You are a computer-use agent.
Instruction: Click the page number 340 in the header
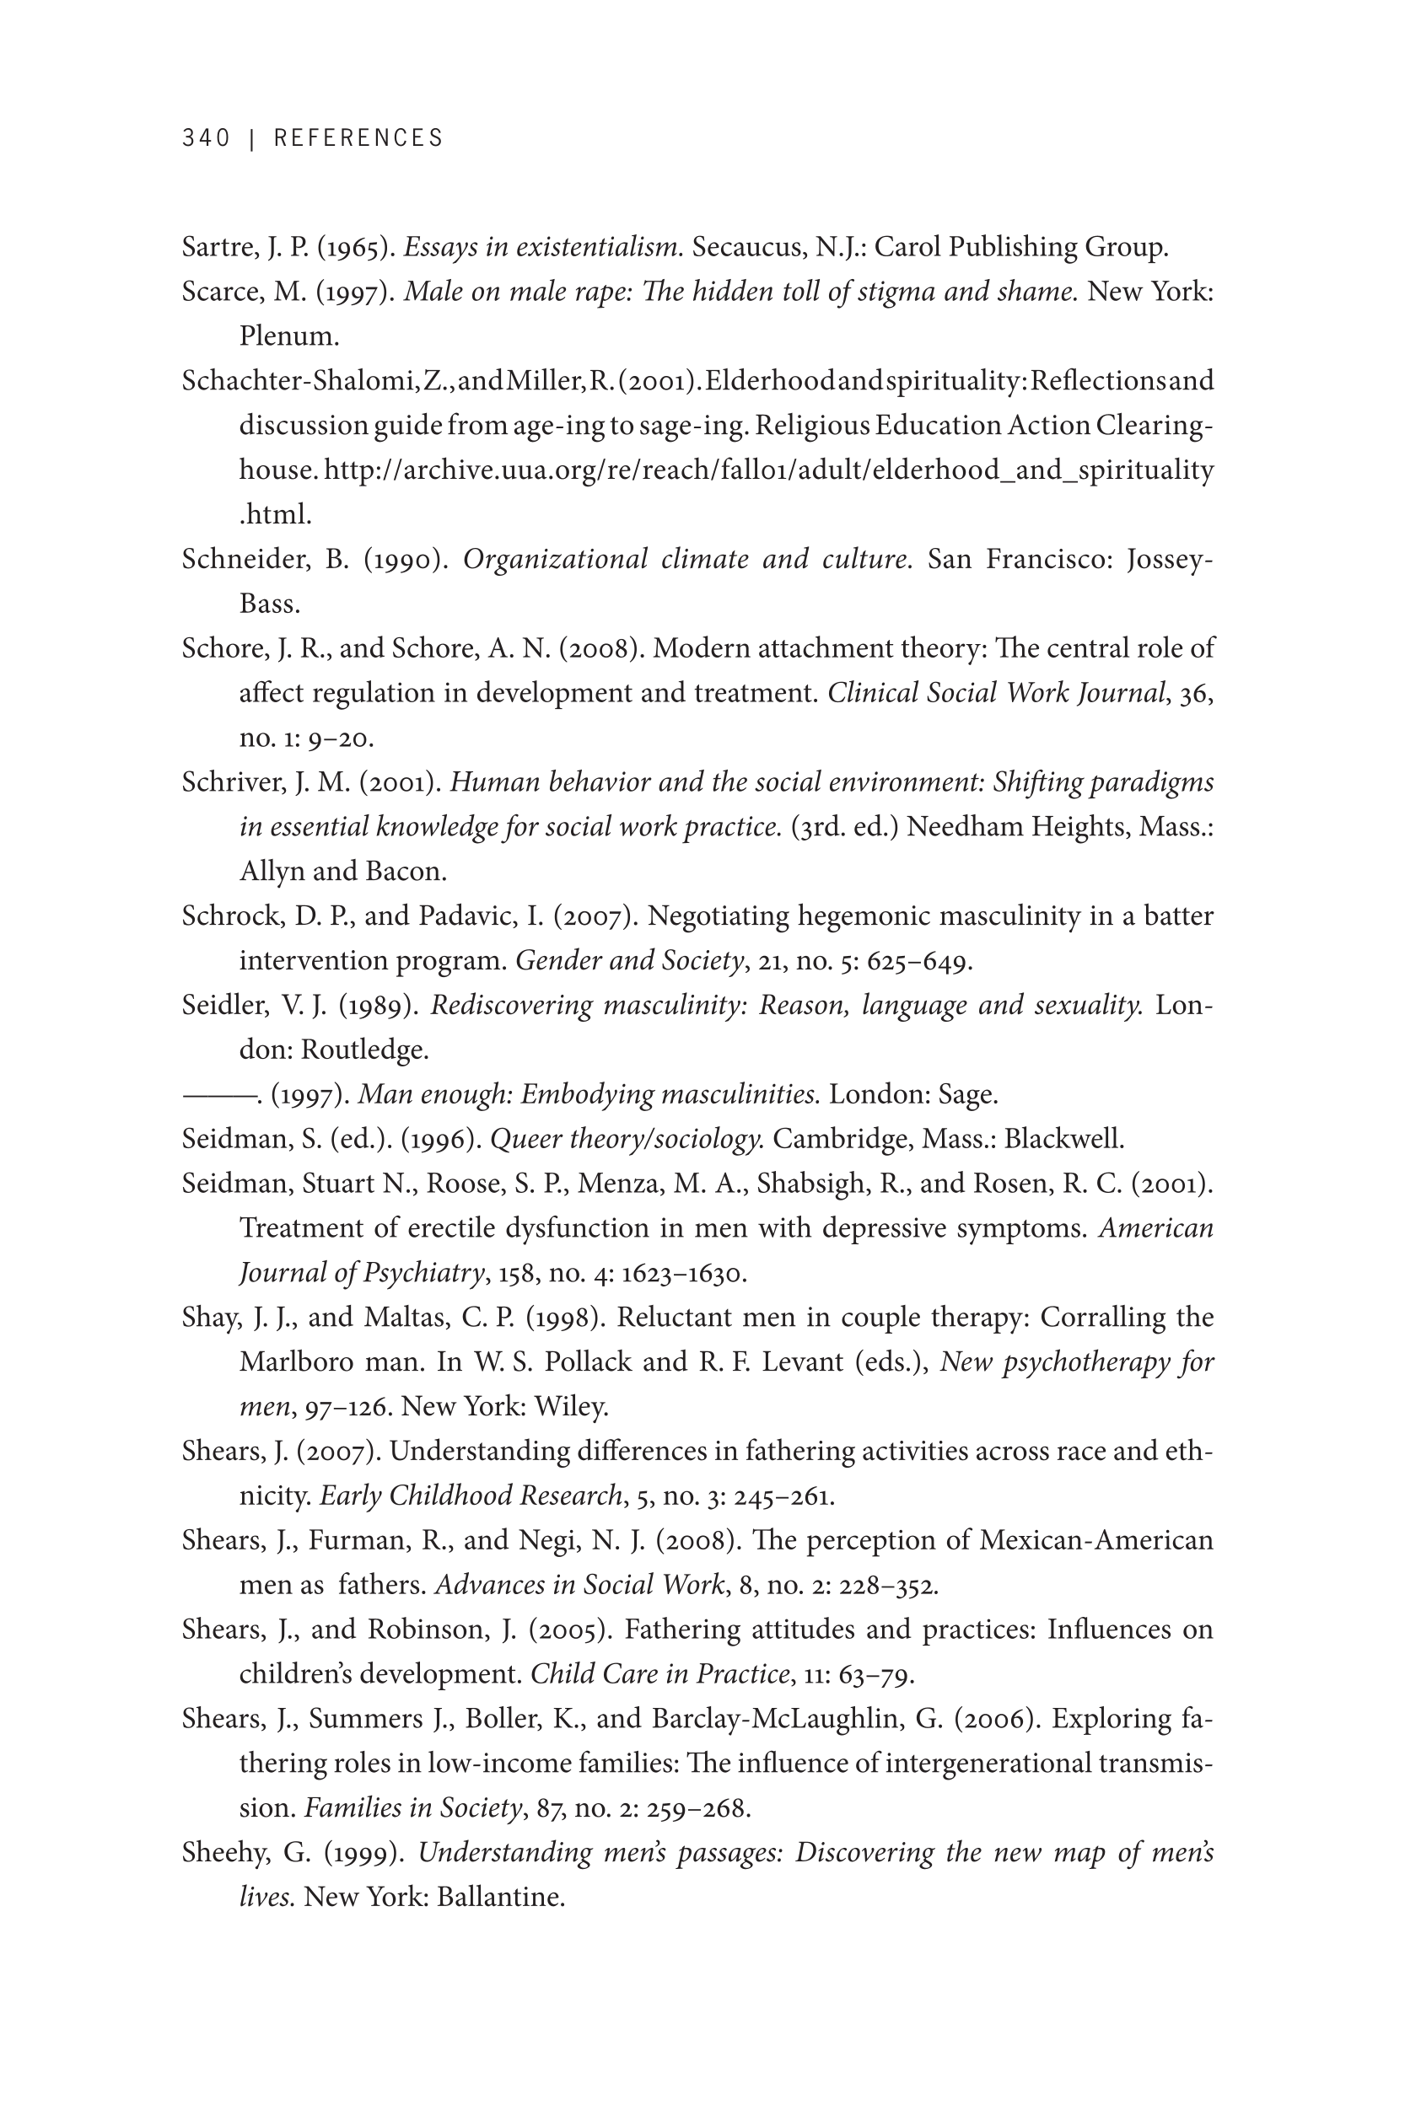(206, 138)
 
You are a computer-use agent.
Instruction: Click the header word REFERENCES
(358, 138)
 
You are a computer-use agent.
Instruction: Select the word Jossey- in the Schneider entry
(1170, 560)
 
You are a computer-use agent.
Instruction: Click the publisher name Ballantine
(500, 1898)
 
